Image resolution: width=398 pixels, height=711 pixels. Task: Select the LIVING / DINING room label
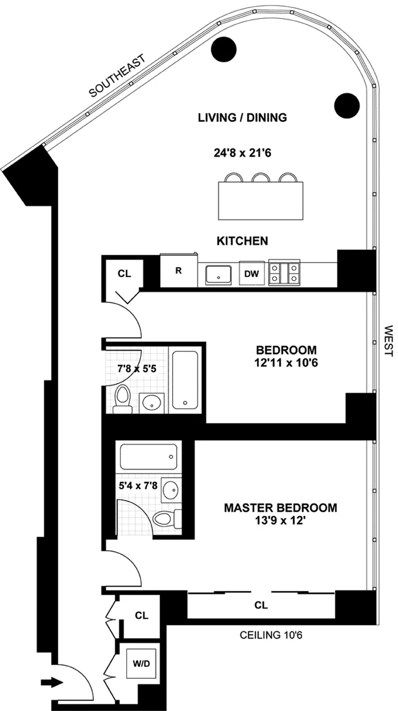pyautogui.click(x=241, y=118)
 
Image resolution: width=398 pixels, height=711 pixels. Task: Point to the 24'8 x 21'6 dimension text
pyautogui.click(x=241, y=153)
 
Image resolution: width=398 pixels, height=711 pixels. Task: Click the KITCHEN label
pyautogui.click(x=241, y=241)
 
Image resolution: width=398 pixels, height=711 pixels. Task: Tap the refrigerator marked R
pyautogui.click(x=178, y=270)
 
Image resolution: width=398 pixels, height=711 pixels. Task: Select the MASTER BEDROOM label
pyautogui.click(x=280, y=508)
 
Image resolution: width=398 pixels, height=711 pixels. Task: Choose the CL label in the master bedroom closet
pyautogui.click(x=261, y=605)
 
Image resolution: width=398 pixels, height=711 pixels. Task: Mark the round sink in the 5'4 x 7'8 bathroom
pyautogui.click(x=170, y=491)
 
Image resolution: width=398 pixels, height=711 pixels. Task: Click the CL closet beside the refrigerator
pyautogui.click(x=124, y=273)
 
